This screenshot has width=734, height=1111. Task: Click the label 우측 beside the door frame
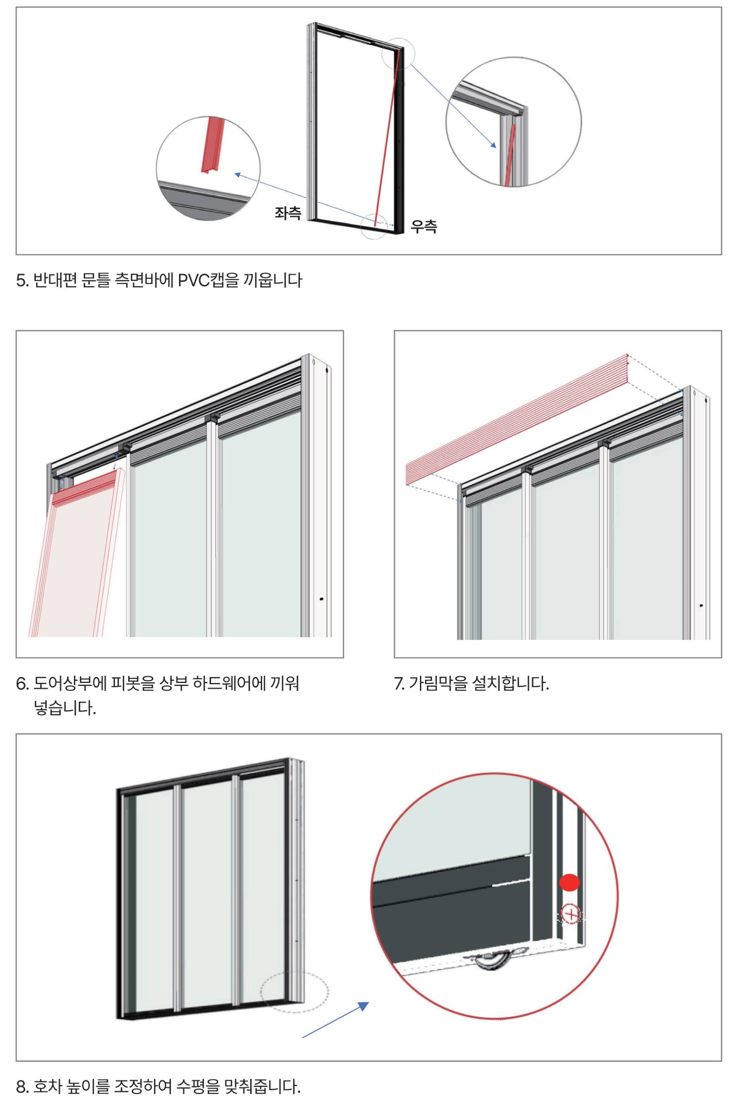(424, 226)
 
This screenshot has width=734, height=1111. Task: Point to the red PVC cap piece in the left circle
(211, 145)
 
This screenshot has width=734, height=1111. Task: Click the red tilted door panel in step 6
(77, 552)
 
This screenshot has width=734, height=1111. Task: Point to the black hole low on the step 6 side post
(321, 599)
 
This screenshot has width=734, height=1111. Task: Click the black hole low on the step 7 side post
(701, 605)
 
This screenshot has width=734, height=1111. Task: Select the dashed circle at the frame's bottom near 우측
(374, 226)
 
